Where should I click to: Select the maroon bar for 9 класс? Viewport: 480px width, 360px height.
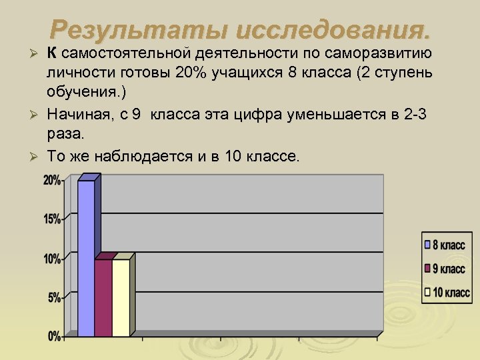[103, 297]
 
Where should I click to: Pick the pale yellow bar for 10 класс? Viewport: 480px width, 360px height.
[121, 297]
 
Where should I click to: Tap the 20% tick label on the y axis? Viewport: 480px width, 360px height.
[52, 180]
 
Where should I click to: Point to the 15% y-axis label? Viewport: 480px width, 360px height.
[52, 219]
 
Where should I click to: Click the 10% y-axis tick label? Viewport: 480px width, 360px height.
[52, 259]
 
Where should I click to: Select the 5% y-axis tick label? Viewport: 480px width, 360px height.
[54, 297]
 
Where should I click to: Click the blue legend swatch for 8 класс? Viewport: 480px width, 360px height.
[428, 245]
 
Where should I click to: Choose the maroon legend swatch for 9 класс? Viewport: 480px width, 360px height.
[428, 269]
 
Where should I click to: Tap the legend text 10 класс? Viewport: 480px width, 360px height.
[452, 292]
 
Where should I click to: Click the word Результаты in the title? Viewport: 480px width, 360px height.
[131, 30]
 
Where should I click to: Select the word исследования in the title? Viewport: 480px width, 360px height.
[324, 30]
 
